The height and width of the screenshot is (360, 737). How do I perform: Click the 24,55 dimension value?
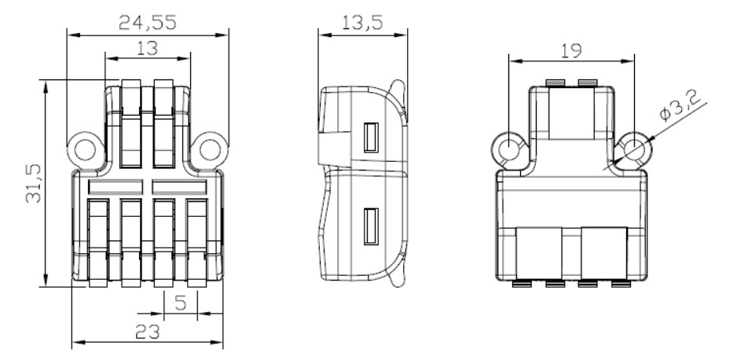pos(147,22)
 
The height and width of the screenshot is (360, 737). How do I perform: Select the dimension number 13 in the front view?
pos(148,48)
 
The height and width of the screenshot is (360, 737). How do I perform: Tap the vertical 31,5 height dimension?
pos(33,183)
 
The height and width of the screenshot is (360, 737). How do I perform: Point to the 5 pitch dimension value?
pos(181,303)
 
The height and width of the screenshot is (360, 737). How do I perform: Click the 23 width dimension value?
pos(148,332)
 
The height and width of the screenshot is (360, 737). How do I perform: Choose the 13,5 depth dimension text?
pos(362,22)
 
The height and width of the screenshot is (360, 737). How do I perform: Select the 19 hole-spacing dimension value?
pos(571,51)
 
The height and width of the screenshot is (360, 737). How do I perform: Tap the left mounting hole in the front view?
pos(85,149)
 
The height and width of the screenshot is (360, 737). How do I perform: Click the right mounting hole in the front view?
pos(210,149)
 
